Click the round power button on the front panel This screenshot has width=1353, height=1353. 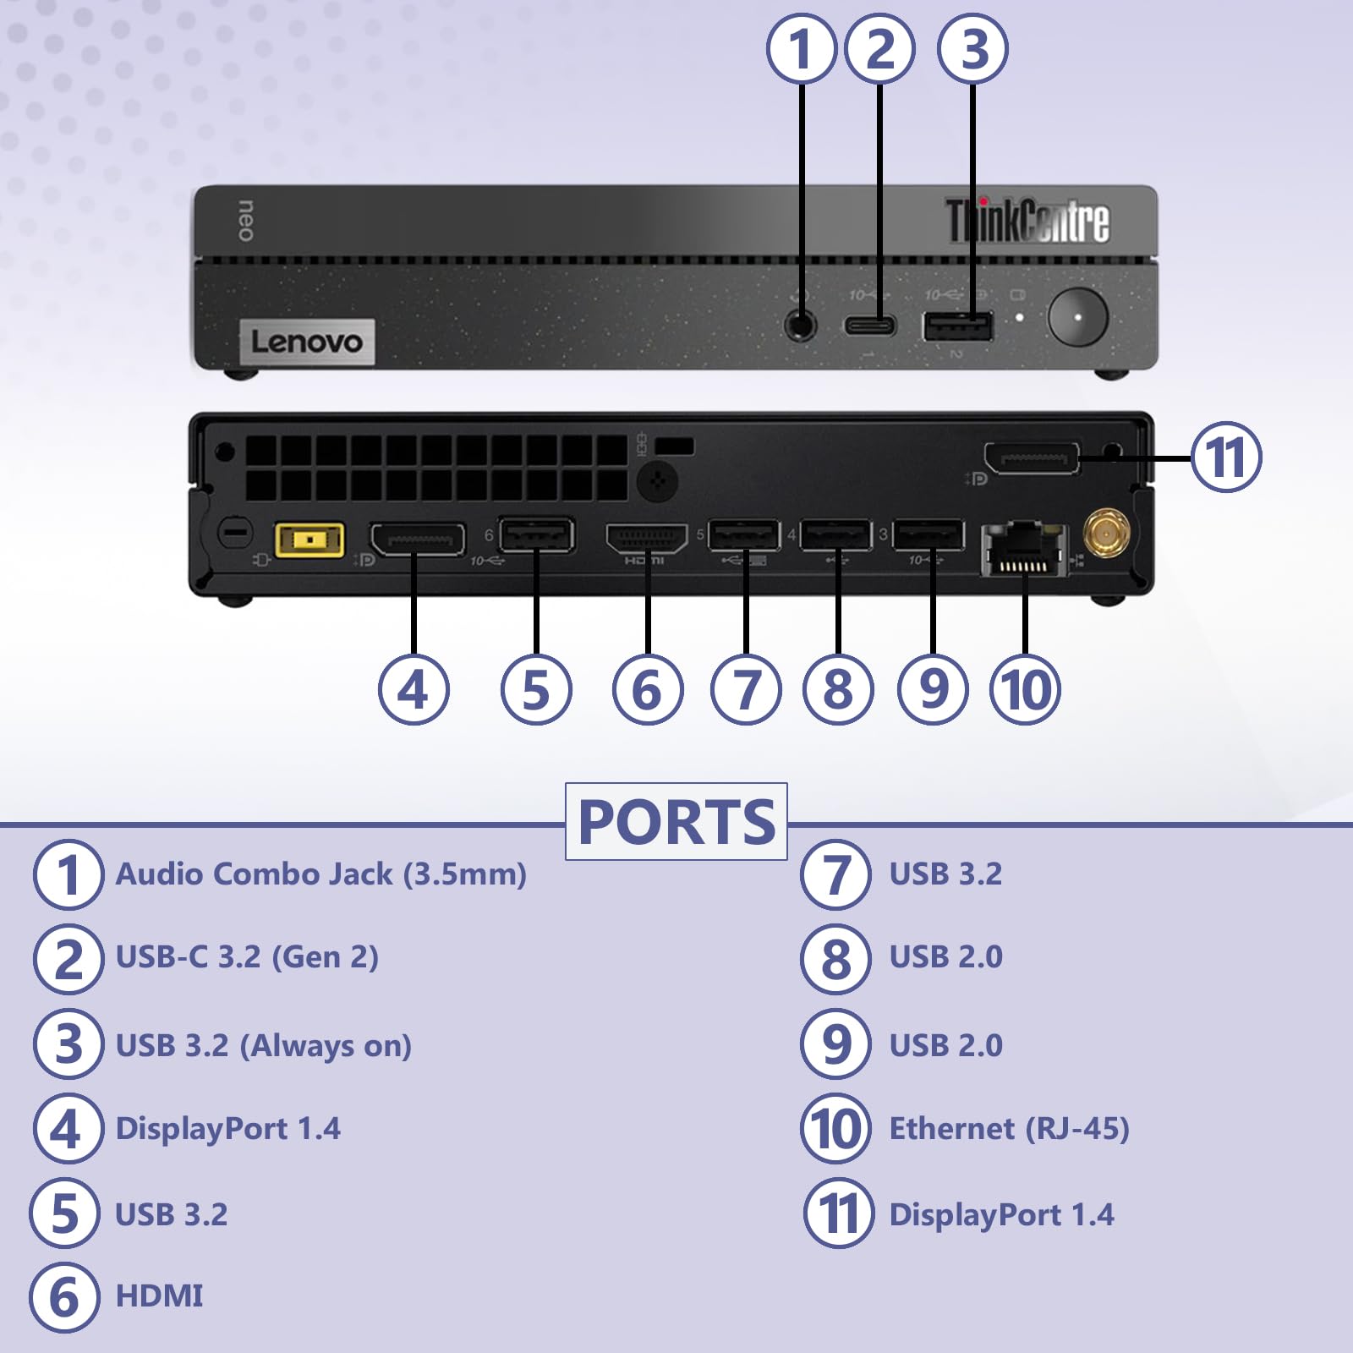pyautogui.click(x=1077, y=317)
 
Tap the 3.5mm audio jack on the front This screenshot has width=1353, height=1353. pyautogui.click(x=800, y=324)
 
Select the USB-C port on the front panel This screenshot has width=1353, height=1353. pyautogui.click(x=869, y=326)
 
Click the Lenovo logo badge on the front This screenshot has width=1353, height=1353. pyautogui.click(x=307, y=342)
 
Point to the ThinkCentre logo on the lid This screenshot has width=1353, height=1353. pyautogui.click(x=1027, y=221)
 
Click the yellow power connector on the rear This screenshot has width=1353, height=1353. pyautogui.click(x=309, y=540)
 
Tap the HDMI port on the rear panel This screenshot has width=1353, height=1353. pyautogui.click(x=647, y=539)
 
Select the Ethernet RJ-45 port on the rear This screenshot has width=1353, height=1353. pyautogui.click(x=1024, y=550)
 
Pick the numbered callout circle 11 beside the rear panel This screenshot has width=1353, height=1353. pyautogui.click(x=1226, y=457)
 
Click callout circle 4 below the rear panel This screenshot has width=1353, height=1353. pyautogui.click(x=414, y=689)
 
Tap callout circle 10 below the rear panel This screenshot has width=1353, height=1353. pyautogui.click(x=1025, y=689)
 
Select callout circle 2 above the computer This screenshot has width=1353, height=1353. pyautogui.click(x=879, y=49)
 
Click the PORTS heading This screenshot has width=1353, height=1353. pyautogui.click(x=676, y=822)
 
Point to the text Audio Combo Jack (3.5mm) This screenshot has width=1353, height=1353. pyautogui.click(x=320, y=874)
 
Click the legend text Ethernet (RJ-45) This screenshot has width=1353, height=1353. pyautogui.click(x=1009, y=1128)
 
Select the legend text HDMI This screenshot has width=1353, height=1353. pyautogui.click(x=159, y=1295)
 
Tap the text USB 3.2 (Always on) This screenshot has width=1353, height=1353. pyautogui.click(x=263, y=1045)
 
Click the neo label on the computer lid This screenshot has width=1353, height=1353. pyautogui.click(x=245, y=221)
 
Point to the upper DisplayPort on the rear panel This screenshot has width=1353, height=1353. pyautogui.click(x=1032, y=459)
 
